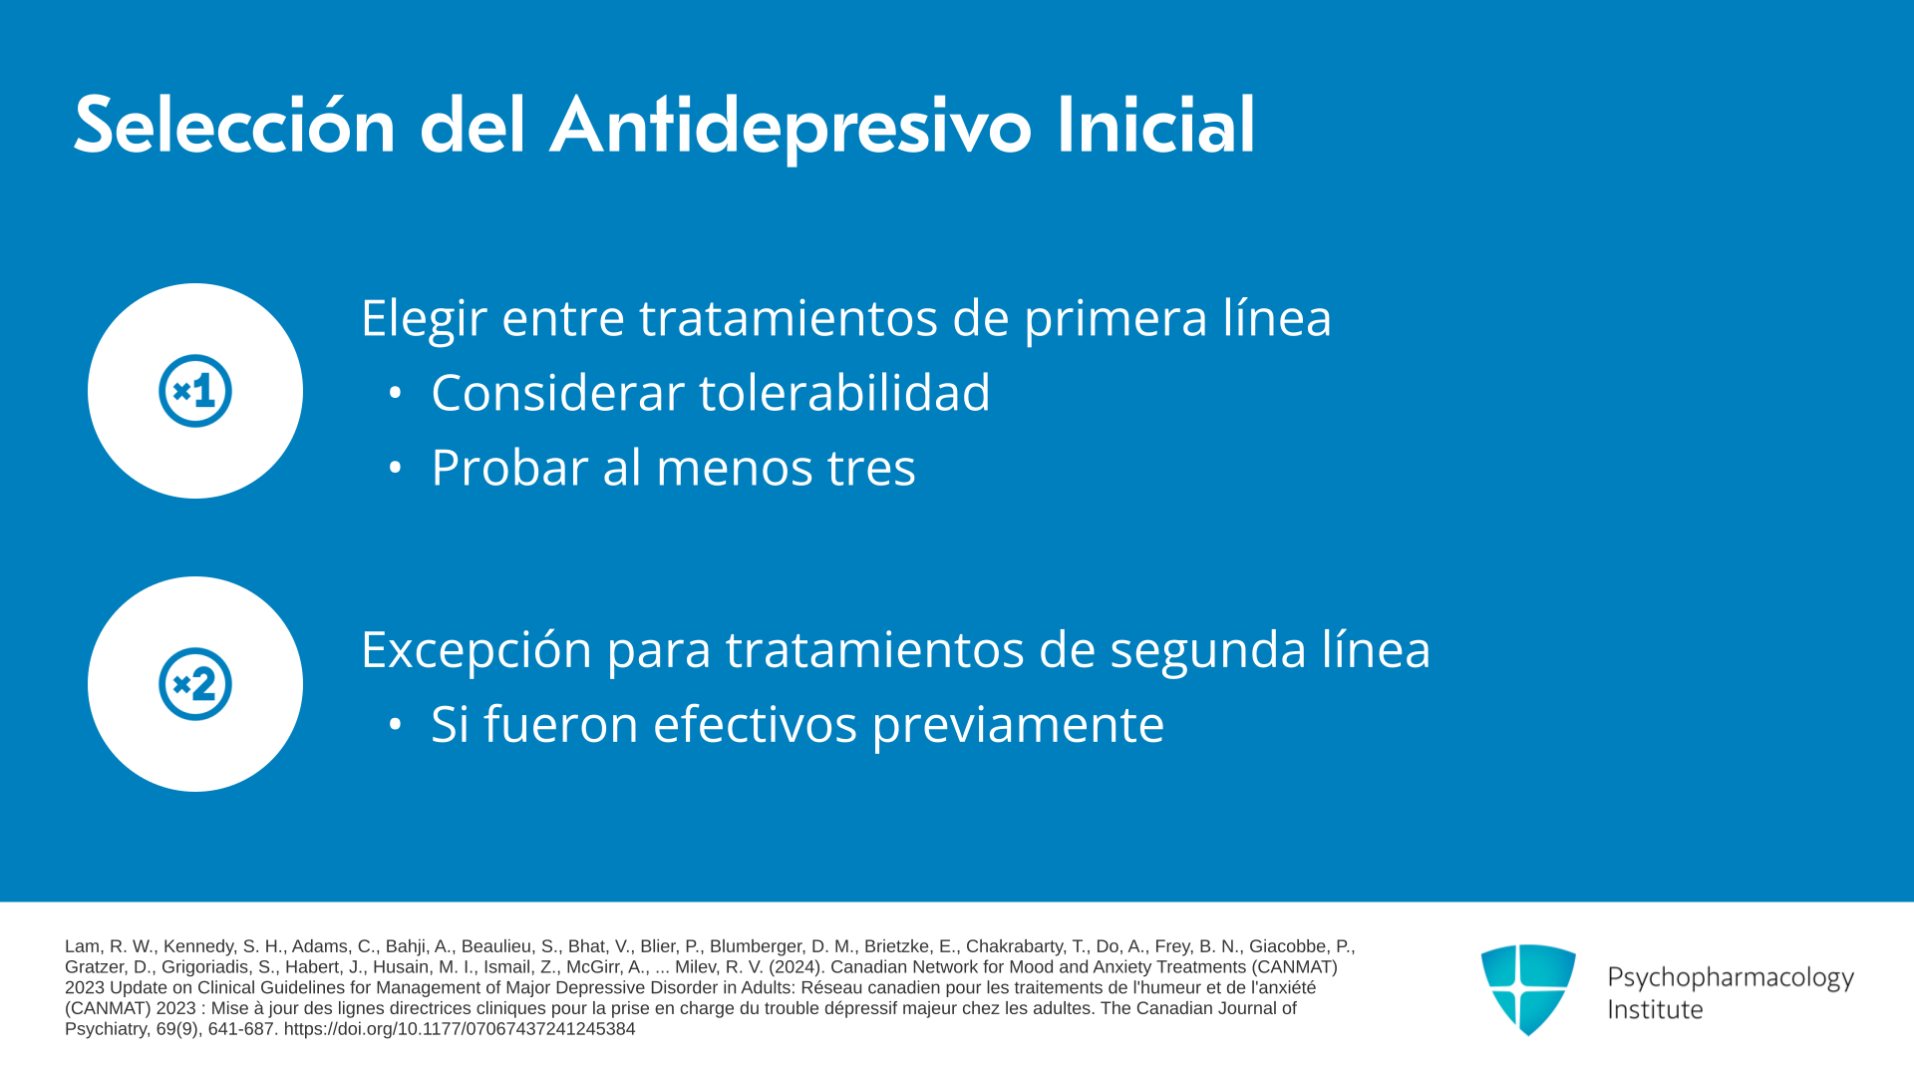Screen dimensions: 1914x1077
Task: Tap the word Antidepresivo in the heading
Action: coord(791,128)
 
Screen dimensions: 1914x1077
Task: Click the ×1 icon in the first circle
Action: coord(195,391)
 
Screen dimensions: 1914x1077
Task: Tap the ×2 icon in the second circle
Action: coord(195,684)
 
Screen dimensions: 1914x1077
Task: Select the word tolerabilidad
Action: coord(845,392)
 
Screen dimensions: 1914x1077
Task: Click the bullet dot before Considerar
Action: coord(395,393)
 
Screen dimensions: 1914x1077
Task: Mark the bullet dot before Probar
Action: coord(395,467)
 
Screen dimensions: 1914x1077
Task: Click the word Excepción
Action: coord(476,651)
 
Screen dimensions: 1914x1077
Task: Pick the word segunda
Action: coord(1207,651)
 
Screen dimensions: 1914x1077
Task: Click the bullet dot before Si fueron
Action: coord(395,725)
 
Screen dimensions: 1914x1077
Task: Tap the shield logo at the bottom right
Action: coord(1528,989)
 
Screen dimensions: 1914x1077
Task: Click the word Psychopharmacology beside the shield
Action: coord(1731,977)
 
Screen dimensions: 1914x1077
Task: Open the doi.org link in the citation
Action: coord(460,1029)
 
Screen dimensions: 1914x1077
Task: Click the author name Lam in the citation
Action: coord(83,946)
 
